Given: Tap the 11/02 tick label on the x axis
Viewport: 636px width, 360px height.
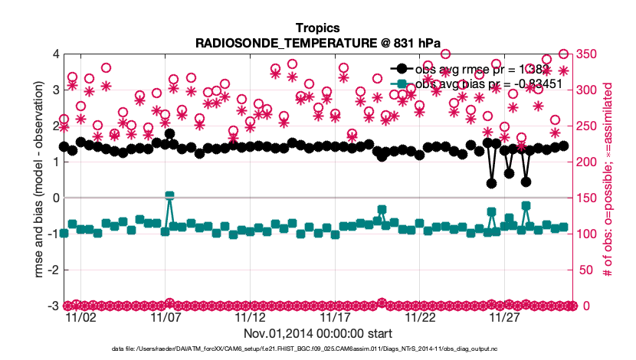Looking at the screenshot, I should pos(81,317).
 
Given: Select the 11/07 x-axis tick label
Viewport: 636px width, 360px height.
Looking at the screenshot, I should pos(166,317).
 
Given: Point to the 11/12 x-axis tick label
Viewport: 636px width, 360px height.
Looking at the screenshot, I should pos(250,317).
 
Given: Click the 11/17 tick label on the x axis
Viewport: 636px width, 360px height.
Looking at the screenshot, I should pos(334,317).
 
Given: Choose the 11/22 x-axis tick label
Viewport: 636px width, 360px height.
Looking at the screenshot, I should pos(419,317).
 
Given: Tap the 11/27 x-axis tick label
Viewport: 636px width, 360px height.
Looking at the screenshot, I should pos(503,317).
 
